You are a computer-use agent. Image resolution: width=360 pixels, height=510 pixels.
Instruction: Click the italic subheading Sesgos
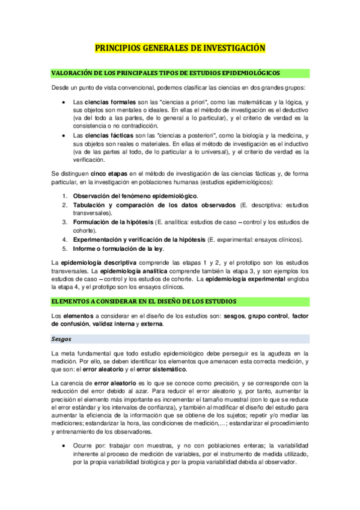click(x=61, y=339)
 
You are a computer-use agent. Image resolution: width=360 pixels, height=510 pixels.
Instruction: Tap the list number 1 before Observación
click(x=66, y=197)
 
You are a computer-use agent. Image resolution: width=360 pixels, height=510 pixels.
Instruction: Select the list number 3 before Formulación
click(x=66, y=223)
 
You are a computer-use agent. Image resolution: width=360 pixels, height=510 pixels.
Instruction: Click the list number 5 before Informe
click(x=66, y=249)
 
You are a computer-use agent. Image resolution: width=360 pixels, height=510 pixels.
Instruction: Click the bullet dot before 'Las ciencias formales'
click(x=64, y=103)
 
